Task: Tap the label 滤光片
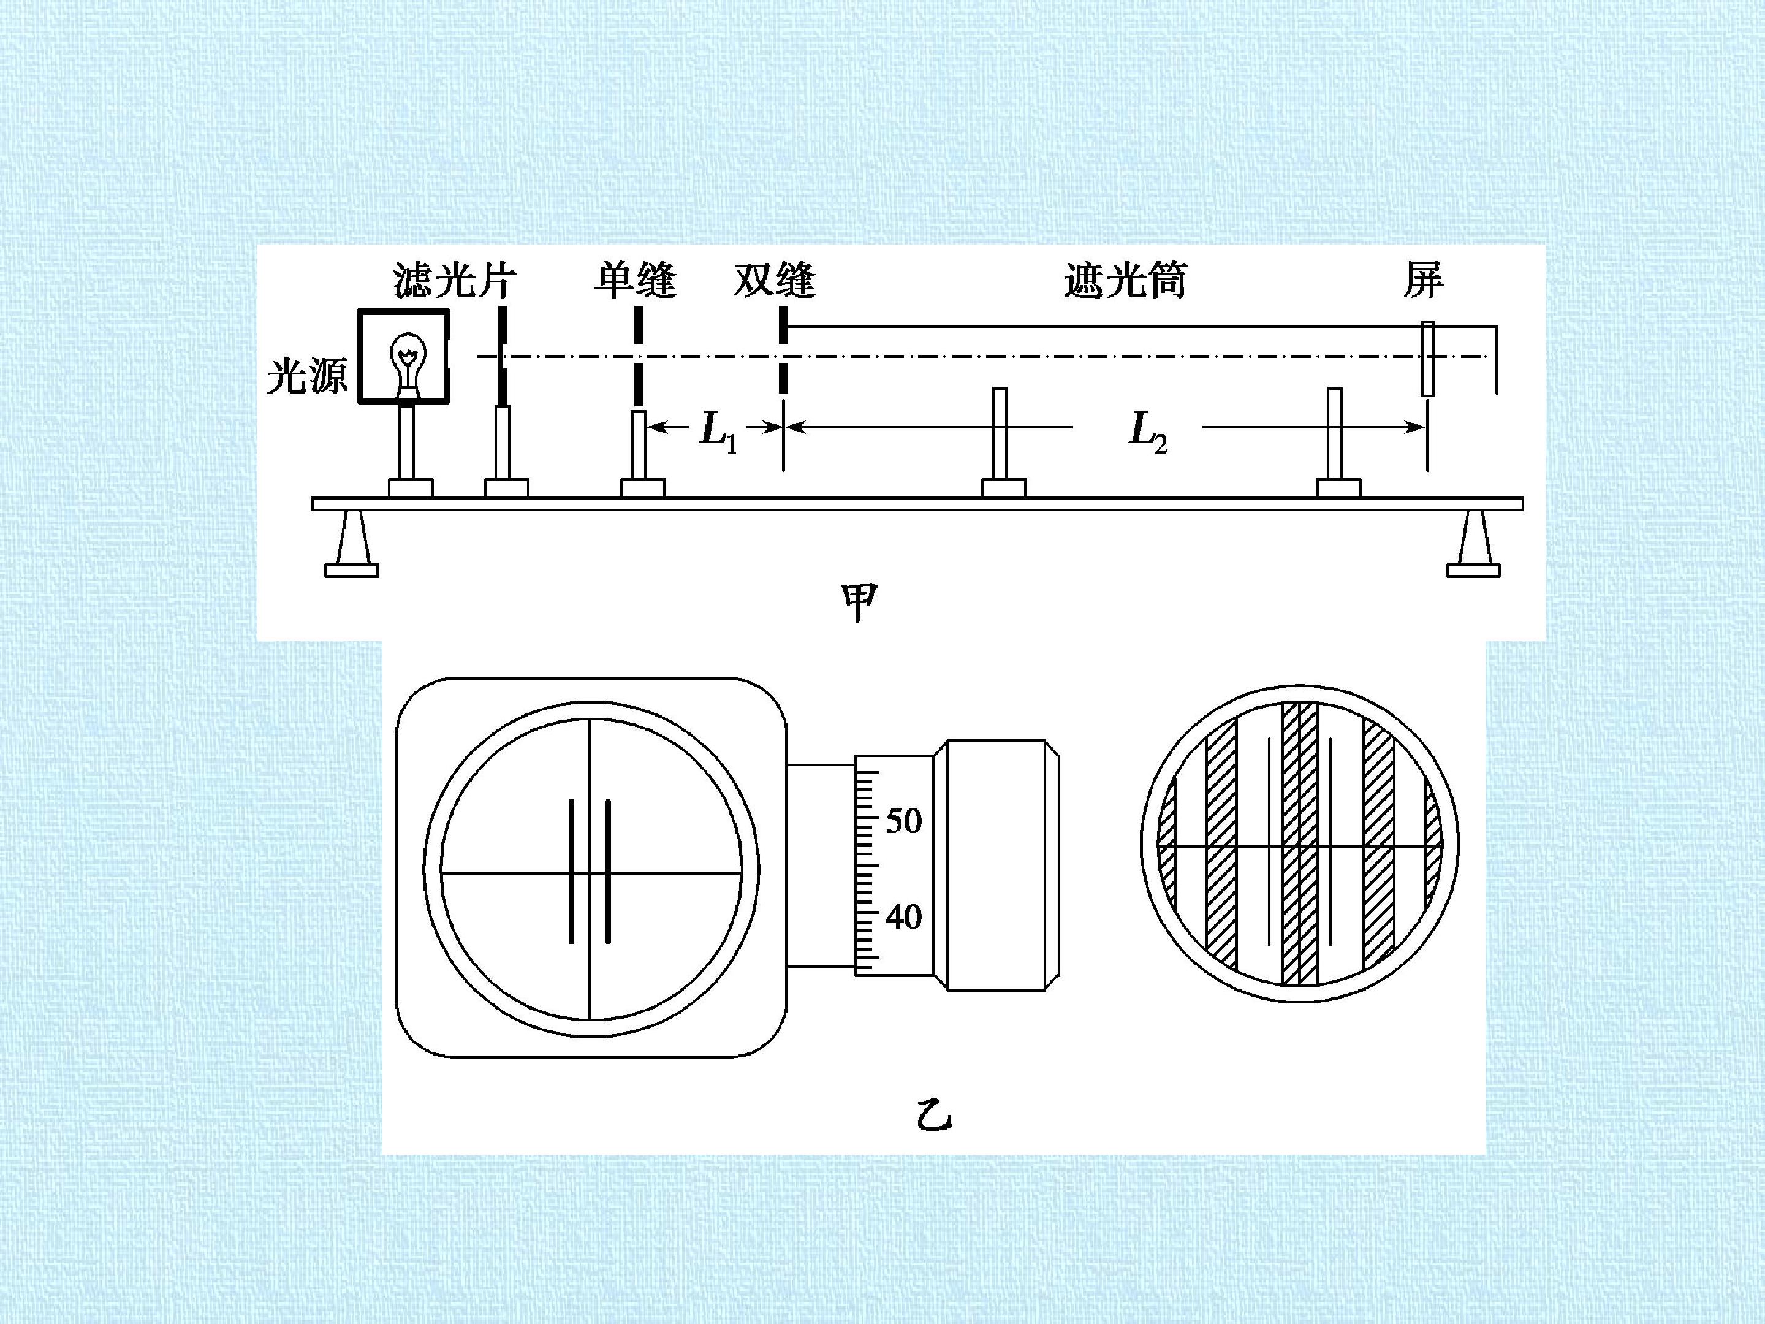tap(455, 280)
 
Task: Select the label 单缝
tap(635, 280)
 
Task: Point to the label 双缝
tap(775, 280)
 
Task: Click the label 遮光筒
tap(1125, 280)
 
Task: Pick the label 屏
tap(1424, 280)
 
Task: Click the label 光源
tap(307, 375)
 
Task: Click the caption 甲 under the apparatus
tap(859, 603)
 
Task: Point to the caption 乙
tap(933, 1115)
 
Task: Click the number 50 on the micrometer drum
tap(904, 820)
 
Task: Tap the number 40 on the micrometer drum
tap(904, 917)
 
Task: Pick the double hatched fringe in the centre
tap(1300, 843)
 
